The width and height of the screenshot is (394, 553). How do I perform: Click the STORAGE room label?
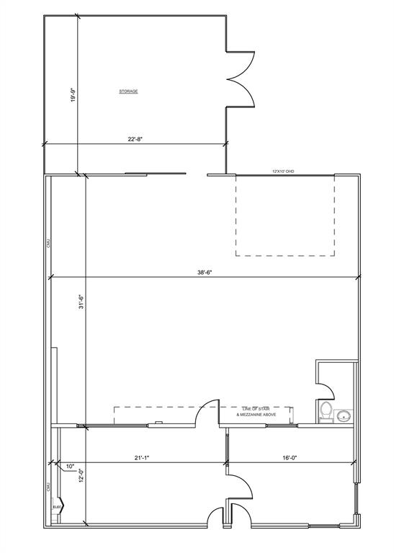click(x=128, y=91)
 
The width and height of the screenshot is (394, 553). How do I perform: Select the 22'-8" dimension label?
click(x=135, y=140)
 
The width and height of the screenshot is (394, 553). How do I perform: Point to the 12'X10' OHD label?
click(x=284, y=171)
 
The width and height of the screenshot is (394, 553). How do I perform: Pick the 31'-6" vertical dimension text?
click(x=83, y=302)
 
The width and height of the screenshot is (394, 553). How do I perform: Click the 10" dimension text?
click(x=70, y=466)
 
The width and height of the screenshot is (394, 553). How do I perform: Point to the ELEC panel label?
click(x=57, y=507)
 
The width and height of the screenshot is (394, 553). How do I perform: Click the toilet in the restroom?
click(x=325, y=412)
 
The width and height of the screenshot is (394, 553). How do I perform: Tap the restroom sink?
click(x=344, y=415)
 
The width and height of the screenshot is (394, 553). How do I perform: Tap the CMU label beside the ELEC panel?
click(x=48, y=487)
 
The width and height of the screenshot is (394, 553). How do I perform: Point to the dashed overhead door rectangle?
click(x=285, y=215)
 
